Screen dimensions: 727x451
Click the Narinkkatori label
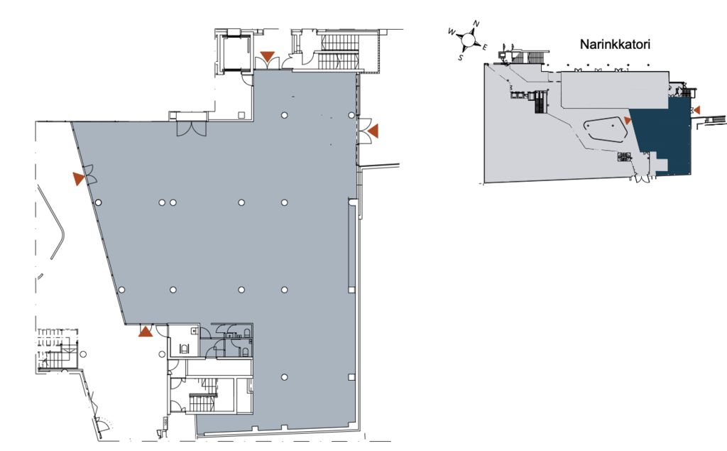click(615, 45)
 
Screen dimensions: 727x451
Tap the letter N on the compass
click(476, 23)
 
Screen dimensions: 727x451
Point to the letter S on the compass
click(460, 58)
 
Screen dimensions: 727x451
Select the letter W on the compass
click(452, 31)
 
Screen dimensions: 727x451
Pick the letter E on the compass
click(484, 48)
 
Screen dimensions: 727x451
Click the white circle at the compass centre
click(469, 40)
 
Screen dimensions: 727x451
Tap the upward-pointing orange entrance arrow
click(146, 331)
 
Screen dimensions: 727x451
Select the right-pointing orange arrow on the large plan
click(78, 179)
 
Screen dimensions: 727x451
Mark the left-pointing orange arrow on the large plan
click(373, 131)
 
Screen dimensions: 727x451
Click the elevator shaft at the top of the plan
click(236, 53)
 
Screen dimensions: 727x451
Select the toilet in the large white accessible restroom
click(187, 349)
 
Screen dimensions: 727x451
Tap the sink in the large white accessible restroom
click(195, 331)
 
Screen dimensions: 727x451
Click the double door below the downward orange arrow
click(267, 64)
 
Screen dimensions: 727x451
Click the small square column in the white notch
click(241, 114)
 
